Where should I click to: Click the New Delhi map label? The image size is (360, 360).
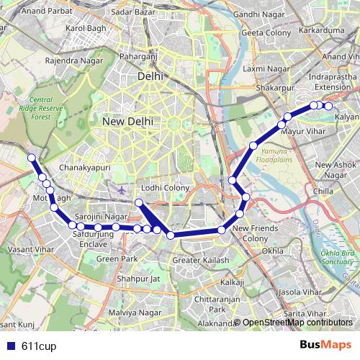point(127,122)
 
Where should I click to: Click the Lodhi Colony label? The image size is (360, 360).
point(165,188)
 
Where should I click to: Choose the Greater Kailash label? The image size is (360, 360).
point(201,260)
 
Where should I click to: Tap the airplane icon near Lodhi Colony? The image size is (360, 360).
point(120,190)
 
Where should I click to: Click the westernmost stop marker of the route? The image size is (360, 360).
point(31,158)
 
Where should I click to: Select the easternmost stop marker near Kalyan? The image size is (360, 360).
point(328,106)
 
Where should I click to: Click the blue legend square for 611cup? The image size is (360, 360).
point(9,346)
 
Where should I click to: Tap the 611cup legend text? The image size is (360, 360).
point(39,346)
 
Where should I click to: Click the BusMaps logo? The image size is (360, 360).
point(325,346)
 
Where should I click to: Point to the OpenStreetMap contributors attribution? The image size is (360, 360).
point(297,323)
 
